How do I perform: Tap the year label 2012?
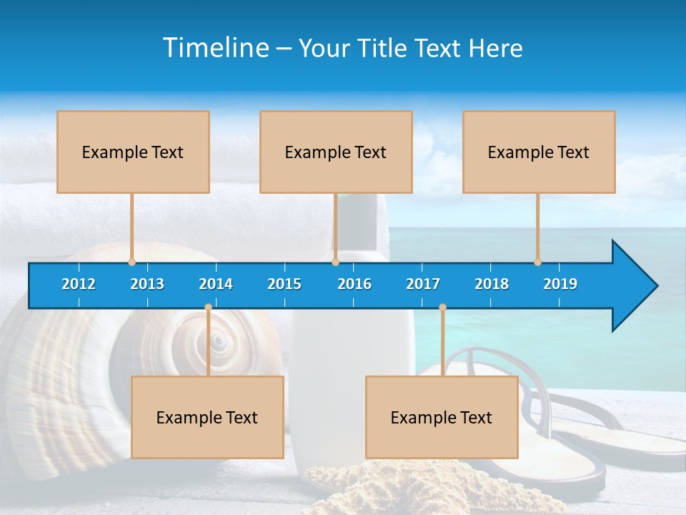pos(79,284)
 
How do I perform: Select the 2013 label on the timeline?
pos(147,284)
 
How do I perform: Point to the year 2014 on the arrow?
pos(216,284)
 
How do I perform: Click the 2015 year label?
pos(284,284)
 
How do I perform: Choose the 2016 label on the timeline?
pos(354,284)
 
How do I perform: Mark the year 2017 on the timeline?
pos(423,284)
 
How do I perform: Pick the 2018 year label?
pos(492,284)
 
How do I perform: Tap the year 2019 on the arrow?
pos(560,284)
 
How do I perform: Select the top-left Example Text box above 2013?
pos(133,152)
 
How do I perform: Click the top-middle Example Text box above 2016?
pos(336,152)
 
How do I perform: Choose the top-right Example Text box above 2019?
pos(539,152)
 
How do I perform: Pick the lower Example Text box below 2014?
pos(207,418)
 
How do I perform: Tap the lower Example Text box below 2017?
pos(442,418)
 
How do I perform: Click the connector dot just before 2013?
pos(132,262)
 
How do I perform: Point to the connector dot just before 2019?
pos(538,262)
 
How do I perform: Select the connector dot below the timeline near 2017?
pos(442,308)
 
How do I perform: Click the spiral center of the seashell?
pos(219,342)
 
